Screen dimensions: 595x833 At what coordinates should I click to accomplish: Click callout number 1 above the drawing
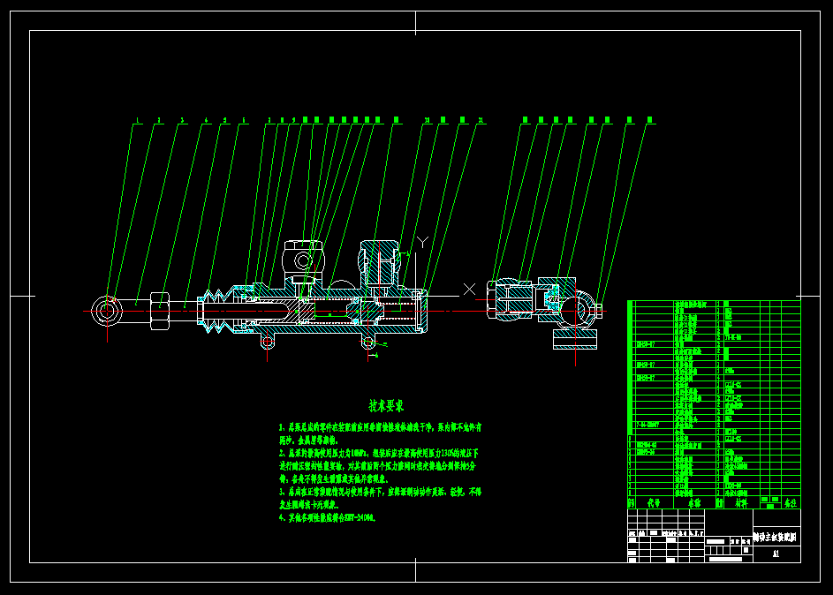tap(138, 120)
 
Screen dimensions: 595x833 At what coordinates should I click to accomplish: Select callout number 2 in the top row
tap(159, 120)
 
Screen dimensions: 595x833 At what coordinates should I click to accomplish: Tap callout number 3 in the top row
tap(182, 120)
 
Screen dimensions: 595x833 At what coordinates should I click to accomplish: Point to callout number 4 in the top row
tap(206, 120)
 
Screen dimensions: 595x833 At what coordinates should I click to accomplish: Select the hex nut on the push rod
tap(160, 311)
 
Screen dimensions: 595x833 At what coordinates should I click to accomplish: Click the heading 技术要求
tap(386, 406)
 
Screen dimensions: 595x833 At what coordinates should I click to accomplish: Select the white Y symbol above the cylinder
tap(422, 241)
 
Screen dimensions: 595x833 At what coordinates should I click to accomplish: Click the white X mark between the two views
tap(469, 289)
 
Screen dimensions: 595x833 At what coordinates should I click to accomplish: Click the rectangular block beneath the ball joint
tap(572, 339)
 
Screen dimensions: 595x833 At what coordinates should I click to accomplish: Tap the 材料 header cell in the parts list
tap(740, 502)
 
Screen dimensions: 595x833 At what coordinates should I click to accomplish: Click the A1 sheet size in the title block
tap(776, 554)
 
